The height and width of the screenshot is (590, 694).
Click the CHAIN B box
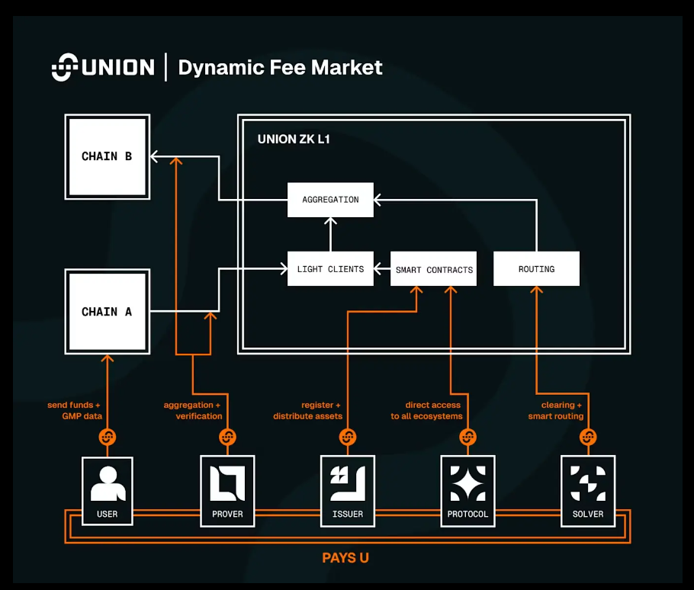click(107, 157)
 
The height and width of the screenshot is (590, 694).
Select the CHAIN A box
click(107, 312)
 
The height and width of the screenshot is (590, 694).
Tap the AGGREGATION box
click(330, 200)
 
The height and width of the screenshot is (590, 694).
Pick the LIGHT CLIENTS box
click(330, 269)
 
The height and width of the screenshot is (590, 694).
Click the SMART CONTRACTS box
click(433, 269)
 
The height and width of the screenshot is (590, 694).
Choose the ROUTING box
click(536, 269)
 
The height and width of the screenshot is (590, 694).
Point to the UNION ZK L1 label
click(294, 139)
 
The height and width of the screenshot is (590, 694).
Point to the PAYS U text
click(345, 558)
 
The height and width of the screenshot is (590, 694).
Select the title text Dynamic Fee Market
click(280, 67)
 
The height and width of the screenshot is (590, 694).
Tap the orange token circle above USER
click(108, 438)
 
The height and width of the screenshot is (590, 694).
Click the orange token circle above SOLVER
click(588, 438)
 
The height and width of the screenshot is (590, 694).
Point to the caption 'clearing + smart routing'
click(556, 411)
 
